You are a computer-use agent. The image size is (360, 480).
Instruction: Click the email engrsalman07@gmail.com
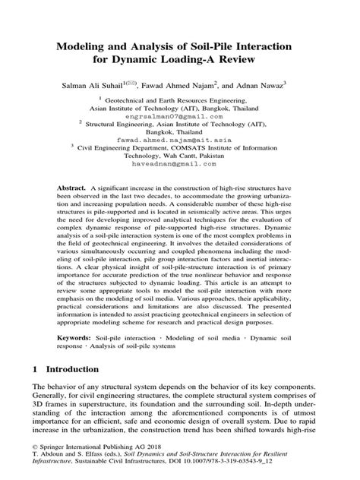click(180, 116)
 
